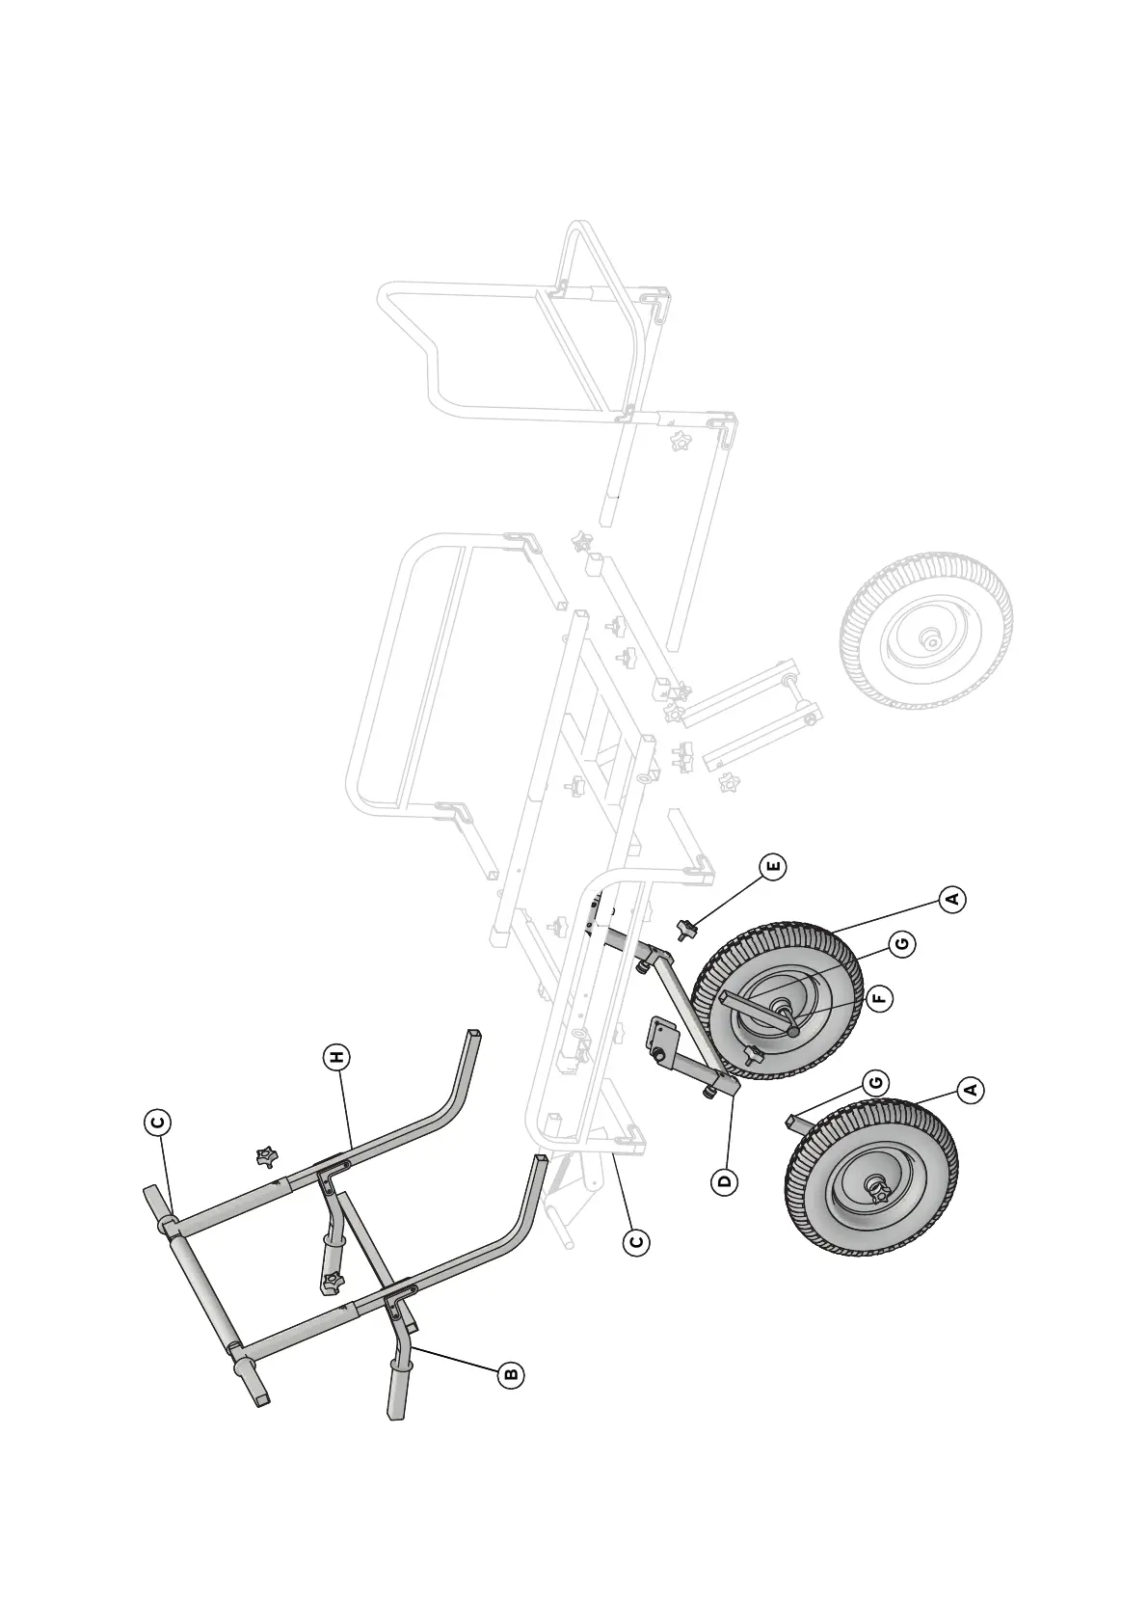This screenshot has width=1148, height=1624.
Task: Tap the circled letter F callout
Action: click(x=879, y=998)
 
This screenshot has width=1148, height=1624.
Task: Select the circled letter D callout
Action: click(x=724, y=1181)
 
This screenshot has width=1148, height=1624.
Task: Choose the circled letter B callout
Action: click(x=511, y=1374)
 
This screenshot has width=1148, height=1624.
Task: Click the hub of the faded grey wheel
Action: click(x=930, y=639)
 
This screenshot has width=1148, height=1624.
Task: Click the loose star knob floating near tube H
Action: click(x=267, y=1155)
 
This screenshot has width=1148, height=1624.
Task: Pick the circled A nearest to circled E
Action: click(x=953, y=899)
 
